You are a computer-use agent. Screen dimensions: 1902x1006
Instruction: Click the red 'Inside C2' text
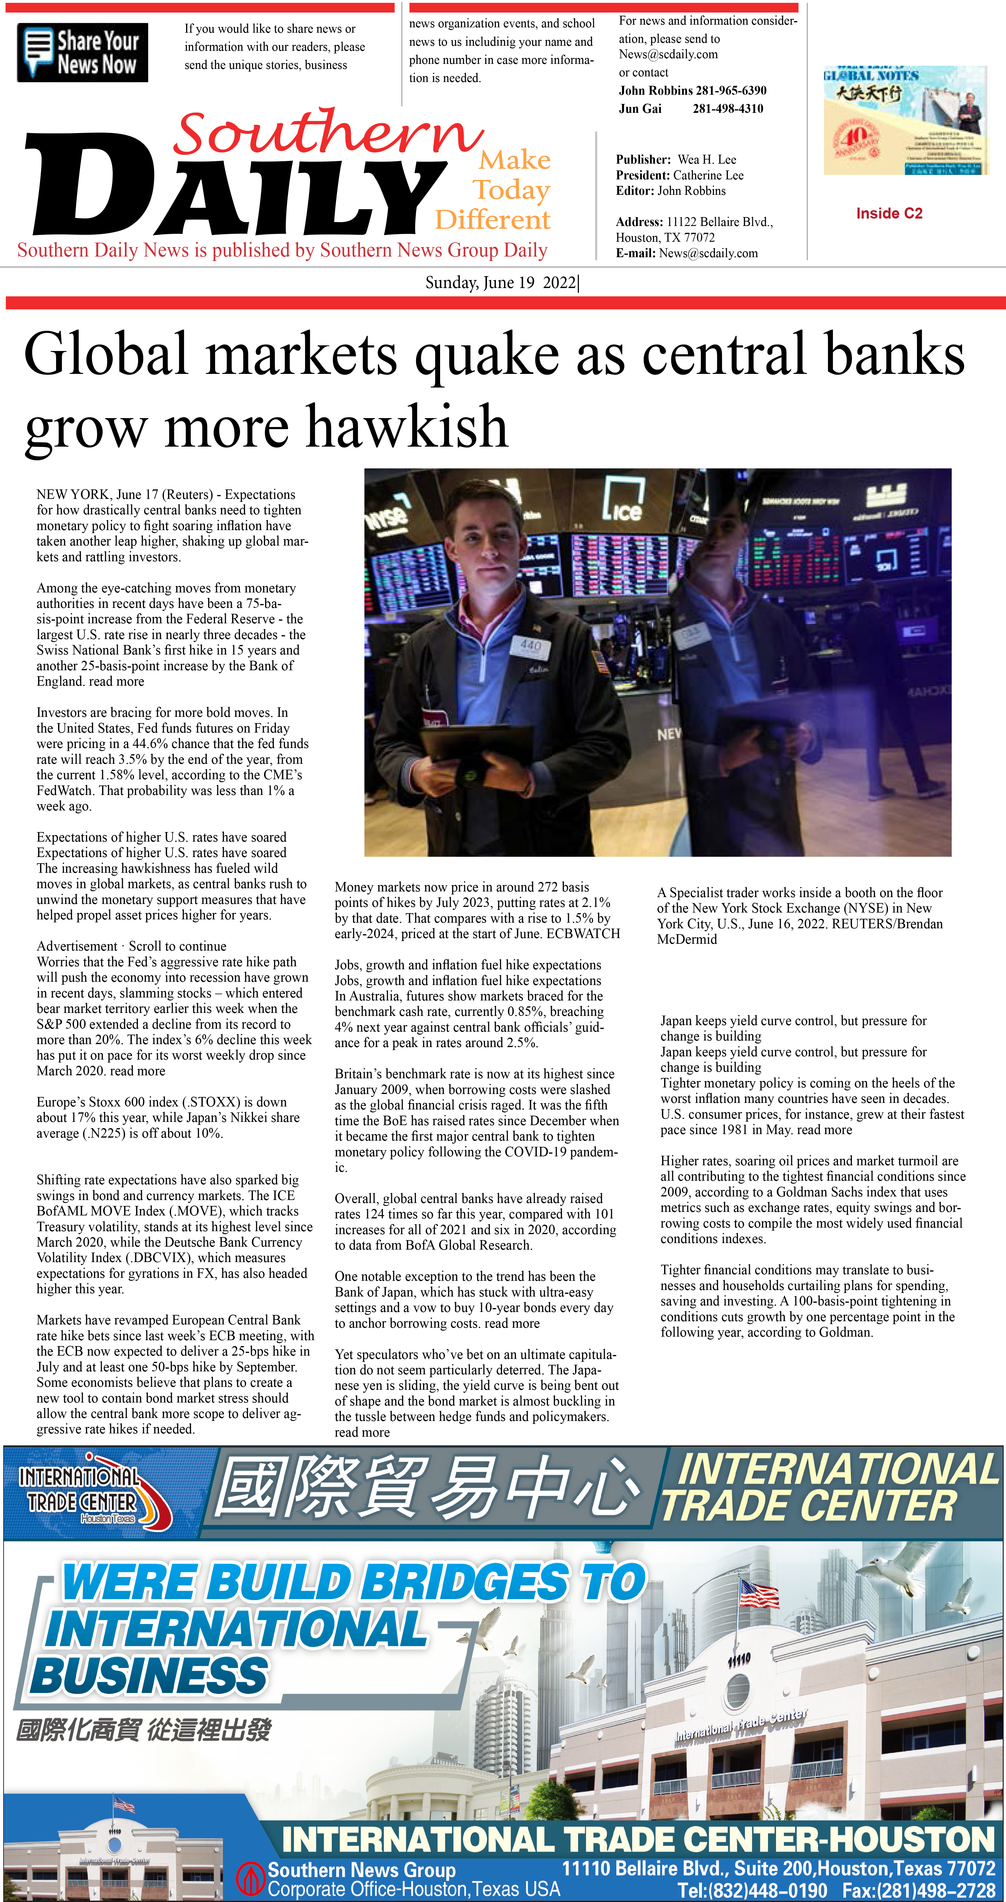click(x=889, y=214)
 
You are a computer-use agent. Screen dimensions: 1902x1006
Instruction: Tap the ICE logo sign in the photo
click(x=622, y=500)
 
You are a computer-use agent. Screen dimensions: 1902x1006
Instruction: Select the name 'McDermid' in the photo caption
click(x=686, y=939)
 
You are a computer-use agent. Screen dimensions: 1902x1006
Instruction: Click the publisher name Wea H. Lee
click(x=706, y=159)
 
